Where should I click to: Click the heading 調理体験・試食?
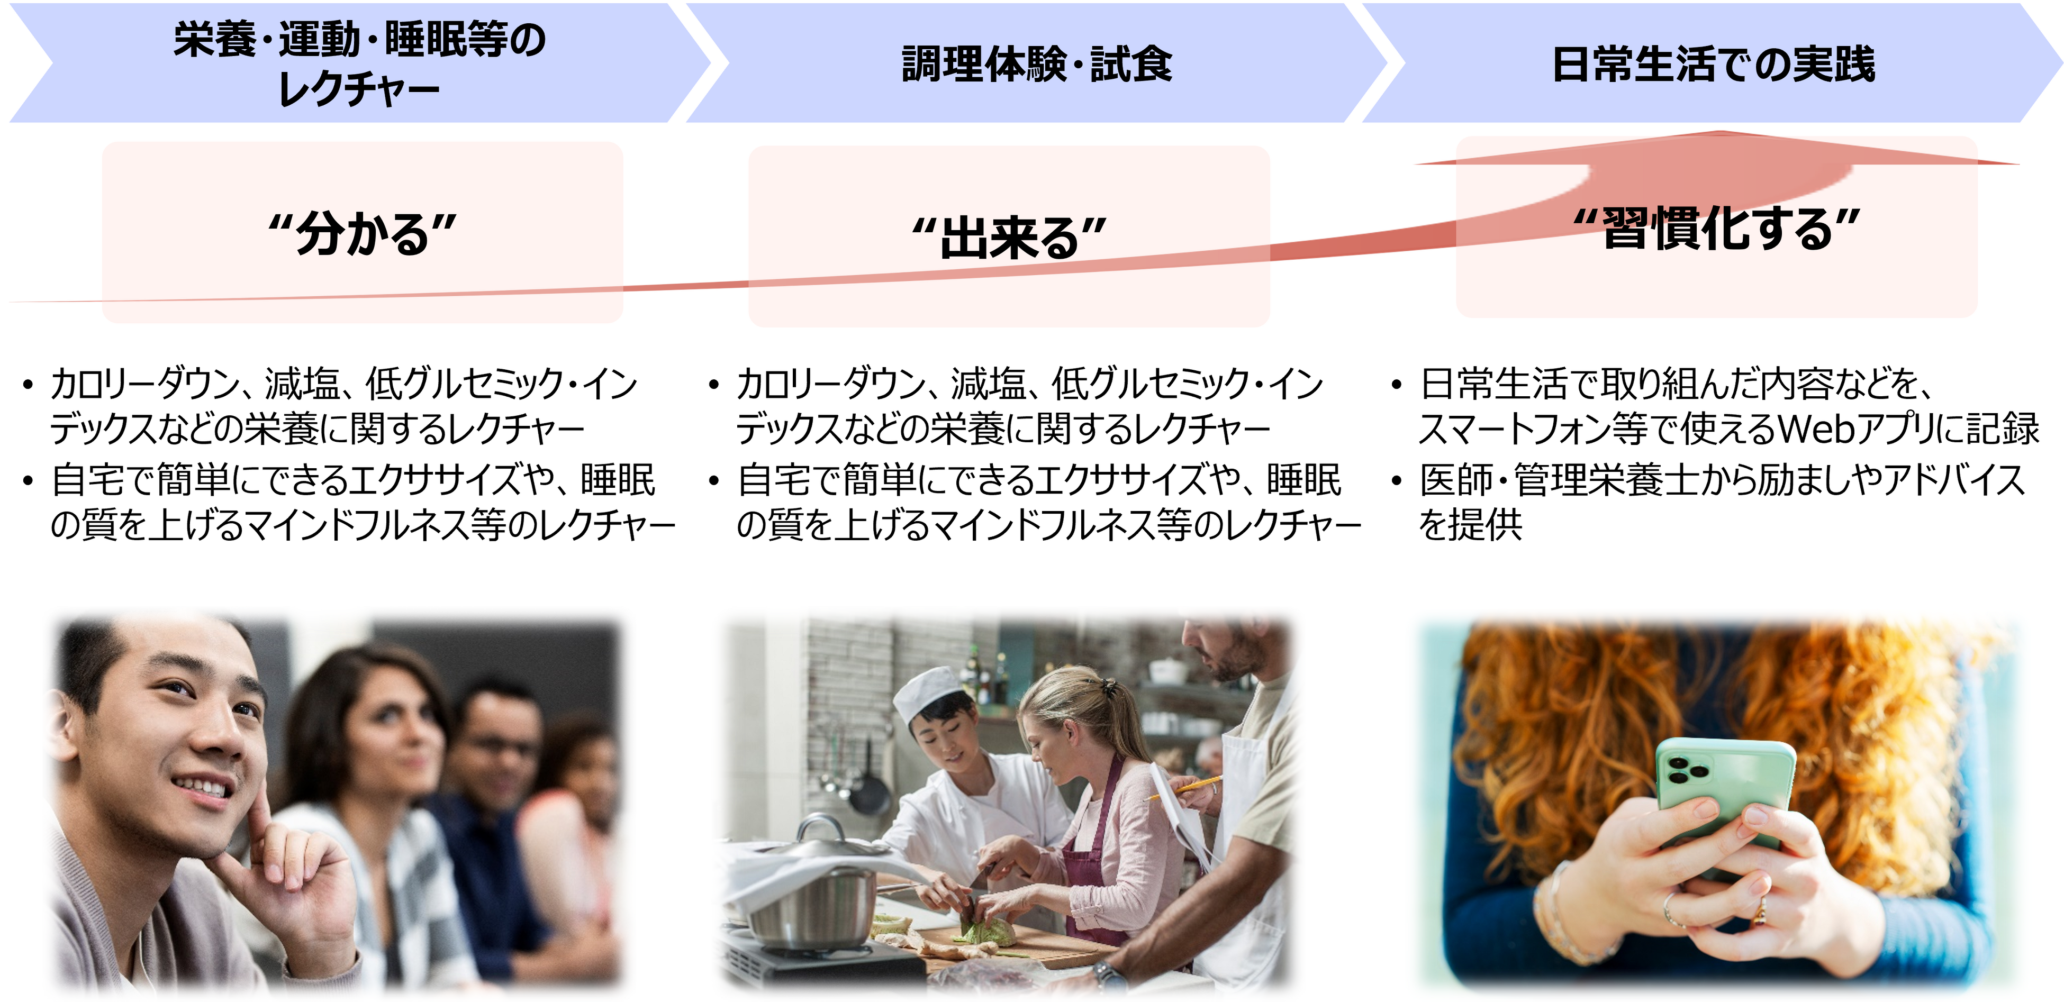(x=1037, y=64)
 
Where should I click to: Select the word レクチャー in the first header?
(x=358, y=89)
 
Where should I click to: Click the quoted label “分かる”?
(x=362, y=234)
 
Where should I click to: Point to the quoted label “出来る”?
(x=1010, y=238)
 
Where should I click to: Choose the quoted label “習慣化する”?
(x=1716, y=228)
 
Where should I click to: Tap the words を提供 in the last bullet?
(x=1470, y=525)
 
